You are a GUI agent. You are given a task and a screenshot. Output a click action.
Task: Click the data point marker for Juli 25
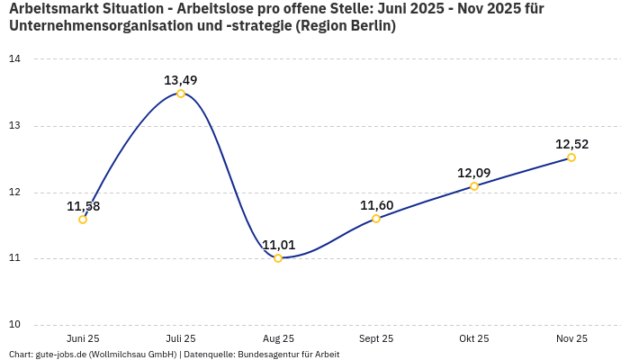point(181,94)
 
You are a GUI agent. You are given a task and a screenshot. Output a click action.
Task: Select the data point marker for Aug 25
point(278,258)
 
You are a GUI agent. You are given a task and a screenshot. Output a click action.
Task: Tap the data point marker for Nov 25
point(571,157)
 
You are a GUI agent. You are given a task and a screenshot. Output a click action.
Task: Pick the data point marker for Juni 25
point(83,220)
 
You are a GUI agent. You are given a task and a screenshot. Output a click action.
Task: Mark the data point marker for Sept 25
point(376,219)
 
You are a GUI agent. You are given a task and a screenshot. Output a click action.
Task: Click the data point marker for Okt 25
point(474,186)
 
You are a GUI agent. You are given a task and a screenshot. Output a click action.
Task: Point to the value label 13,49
point(181,80)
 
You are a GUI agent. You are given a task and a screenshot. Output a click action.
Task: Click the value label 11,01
point(278,245)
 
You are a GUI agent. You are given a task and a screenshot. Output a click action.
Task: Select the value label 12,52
point(571,144)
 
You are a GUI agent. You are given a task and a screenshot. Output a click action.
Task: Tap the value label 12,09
point(474,173)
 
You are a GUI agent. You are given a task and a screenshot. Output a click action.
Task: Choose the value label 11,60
point(376,205)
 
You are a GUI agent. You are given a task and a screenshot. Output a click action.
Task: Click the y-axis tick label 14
point(14,59)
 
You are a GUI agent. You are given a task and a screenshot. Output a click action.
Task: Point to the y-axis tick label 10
point(14,325)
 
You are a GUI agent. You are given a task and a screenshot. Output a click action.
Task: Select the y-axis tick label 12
point(14,193)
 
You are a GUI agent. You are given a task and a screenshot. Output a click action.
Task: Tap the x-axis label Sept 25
point(376,338)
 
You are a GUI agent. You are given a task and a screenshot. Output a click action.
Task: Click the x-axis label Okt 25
point(474,338)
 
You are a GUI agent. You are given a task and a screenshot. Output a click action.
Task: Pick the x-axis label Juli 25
point(181,338)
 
